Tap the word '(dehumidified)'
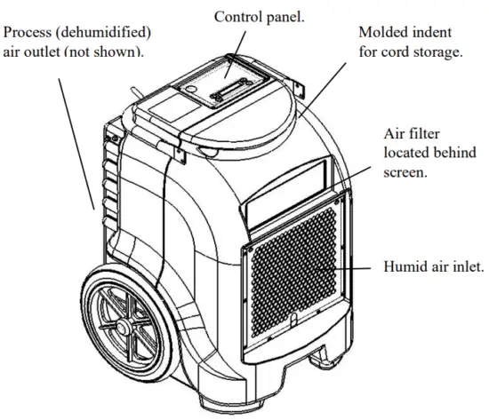point(112,33)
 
